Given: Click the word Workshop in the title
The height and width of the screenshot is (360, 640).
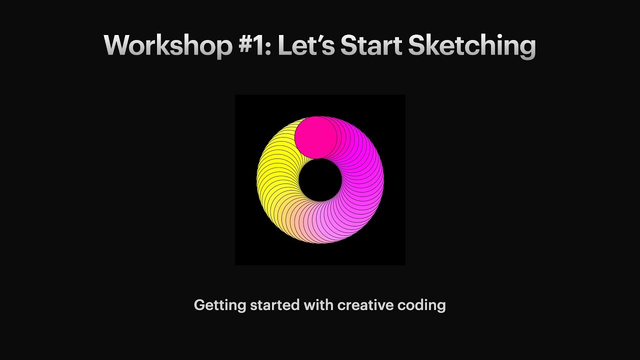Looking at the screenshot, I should [168, 46].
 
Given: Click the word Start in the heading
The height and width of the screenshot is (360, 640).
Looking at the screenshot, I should [371, 46].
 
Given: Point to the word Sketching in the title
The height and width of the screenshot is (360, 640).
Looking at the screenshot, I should [471, 46].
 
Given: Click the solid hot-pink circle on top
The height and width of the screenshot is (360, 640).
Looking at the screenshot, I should [315, 137].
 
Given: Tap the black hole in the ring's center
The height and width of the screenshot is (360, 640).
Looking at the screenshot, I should [320, 180].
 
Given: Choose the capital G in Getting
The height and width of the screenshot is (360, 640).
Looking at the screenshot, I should [199, 305].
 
